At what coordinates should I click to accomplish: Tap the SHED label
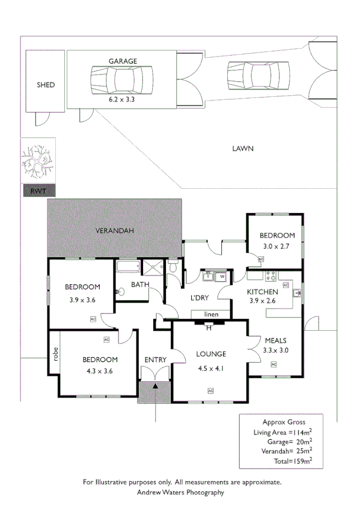46,85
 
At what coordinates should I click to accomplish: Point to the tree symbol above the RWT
37,159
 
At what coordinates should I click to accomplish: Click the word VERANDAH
114,230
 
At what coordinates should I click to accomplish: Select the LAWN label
243,148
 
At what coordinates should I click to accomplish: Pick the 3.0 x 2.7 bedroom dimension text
277,246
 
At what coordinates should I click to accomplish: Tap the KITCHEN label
263,292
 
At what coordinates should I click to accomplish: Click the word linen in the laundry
210,315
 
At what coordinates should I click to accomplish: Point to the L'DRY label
199,298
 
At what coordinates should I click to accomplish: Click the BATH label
140,284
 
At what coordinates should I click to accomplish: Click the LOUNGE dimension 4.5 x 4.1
210,369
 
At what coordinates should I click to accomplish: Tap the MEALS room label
276,340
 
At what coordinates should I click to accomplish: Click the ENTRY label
155,360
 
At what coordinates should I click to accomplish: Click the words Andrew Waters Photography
180,492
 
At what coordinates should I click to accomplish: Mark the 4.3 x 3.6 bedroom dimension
99,370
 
